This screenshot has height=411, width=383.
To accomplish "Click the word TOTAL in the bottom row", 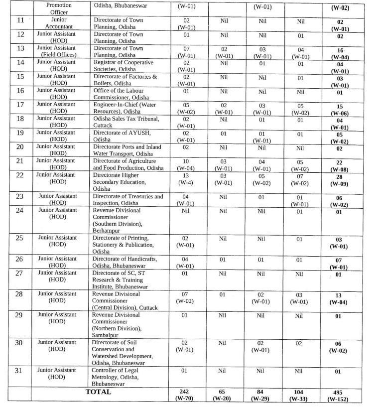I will pyautogui.click(x=98, y=392).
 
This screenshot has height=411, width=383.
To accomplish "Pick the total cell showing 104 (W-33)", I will pyautogui.click(x=299, y=395).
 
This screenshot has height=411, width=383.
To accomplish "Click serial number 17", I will pyautogui.click(x=20, y=105).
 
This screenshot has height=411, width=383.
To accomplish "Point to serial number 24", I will pyautogui.click(x=20, y=210).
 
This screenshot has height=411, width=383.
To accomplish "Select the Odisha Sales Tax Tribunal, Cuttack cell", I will pyautogui.click(x=125, y=123).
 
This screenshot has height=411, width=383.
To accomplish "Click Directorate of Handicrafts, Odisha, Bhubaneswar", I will pyautogui.click(x=125, y=263).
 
